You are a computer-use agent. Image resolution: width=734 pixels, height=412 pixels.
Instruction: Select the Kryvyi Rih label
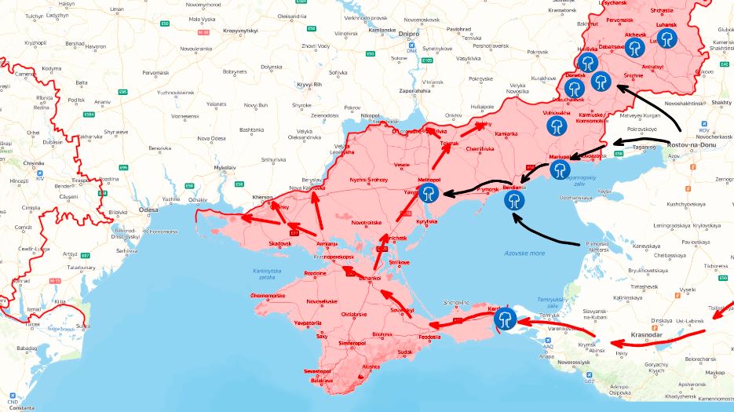[309, 84]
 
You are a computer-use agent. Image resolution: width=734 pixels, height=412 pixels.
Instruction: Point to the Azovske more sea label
[525, 253]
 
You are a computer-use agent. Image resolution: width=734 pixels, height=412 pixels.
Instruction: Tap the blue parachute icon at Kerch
[506, 318]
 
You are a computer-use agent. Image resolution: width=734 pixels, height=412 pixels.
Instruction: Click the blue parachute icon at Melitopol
[429, 194]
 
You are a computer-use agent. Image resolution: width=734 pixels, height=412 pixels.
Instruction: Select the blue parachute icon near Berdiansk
[515, 200]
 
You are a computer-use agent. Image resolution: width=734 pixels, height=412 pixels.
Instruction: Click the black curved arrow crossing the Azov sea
[542, 235]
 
